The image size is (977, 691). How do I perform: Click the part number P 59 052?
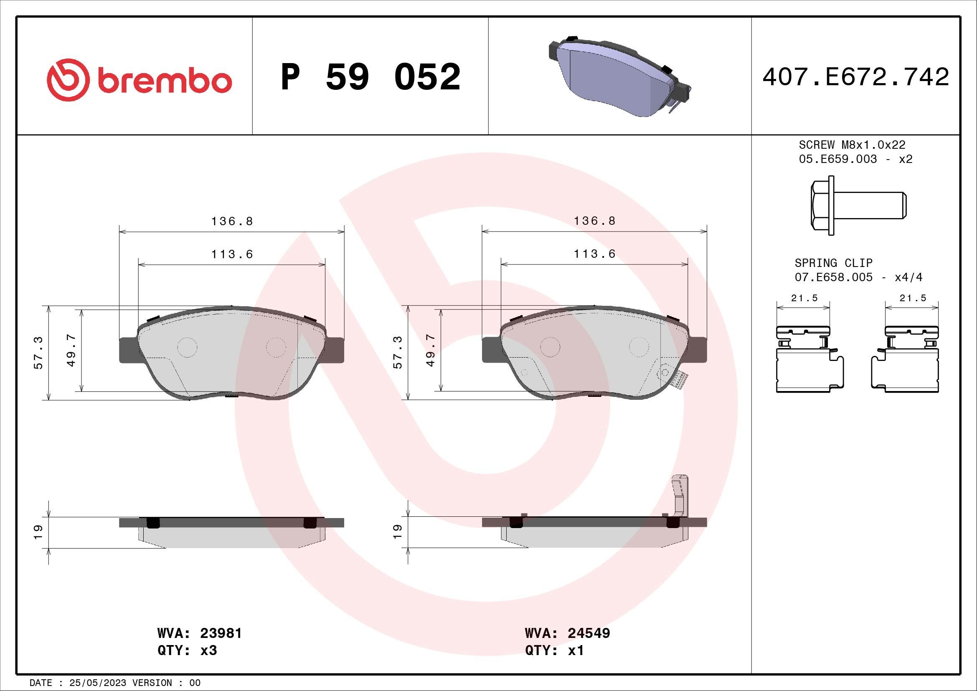pos(370,77)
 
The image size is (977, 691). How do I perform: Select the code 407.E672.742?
pos(855,77)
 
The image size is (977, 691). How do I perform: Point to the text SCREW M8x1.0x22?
pos(852,145)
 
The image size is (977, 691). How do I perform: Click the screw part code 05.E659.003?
pos(837,159)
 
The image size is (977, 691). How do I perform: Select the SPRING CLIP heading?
pos(833,263)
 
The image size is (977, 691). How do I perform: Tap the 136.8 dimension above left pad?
pos(232,221)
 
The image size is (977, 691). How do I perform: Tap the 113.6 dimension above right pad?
pos(594,254)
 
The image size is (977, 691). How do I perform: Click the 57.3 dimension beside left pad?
pos(38,353)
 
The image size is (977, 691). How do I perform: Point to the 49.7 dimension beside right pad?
pos(431,350)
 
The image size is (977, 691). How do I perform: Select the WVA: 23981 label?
pos(199,633)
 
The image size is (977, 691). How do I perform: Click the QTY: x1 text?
pos(554,650)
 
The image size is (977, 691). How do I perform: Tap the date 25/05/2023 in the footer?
pos(97,683)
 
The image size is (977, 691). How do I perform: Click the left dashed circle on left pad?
pos(187,347)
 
